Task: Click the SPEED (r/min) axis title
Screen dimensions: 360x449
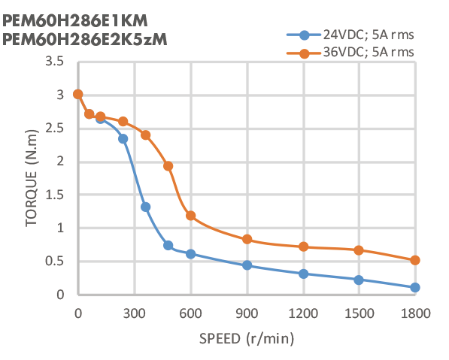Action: [246, 338]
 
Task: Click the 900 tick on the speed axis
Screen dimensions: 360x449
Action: [247, 312]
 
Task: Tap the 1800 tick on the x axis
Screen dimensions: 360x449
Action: [415, 312]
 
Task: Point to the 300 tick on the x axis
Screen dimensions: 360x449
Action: [135, 312]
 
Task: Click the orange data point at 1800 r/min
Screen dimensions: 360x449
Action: [415, 260]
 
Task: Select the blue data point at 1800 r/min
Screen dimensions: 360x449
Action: [415, 287]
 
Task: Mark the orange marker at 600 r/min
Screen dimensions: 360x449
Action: [191, 216]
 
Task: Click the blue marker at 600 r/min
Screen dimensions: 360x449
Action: [191, 254]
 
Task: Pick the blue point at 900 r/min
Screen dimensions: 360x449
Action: [247, 265]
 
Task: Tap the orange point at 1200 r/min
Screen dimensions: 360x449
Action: [303, 247]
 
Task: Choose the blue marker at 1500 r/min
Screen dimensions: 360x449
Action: [359, 280]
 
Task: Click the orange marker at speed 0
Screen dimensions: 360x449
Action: [78, 94]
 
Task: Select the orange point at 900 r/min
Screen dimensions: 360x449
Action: [247, 239]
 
